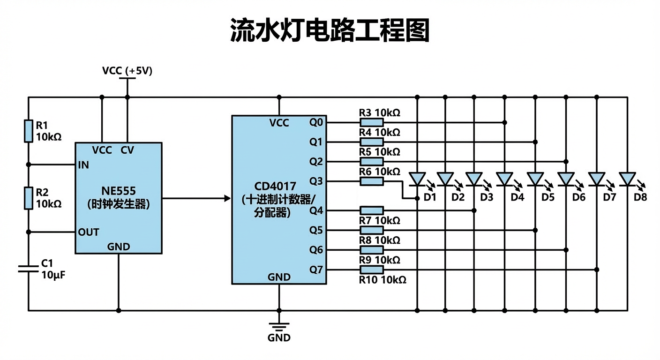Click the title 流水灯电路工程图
point(330,31)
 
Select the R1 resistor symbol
point(29,131)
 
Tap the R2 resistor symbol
point(29,198)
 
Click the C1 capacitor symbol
point(29,268)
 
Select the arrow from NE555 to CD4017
point(197,198)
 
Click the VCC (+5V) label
point(127,71)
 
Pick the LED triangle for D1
point(417,179)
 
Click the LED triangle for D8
point(627,179)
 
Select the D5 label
point(547,197)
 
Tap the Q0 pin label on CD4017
point(316,123)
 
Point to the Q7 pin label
point(316,270)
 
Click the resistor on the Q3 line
point(372,181)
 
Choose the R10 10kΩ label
point(382,280)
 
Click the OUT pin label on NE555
point(89,232)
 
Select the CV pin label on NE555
point(127,150)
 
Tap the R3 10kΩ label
point(380,113)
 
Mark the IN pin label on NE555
point(83,165)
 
